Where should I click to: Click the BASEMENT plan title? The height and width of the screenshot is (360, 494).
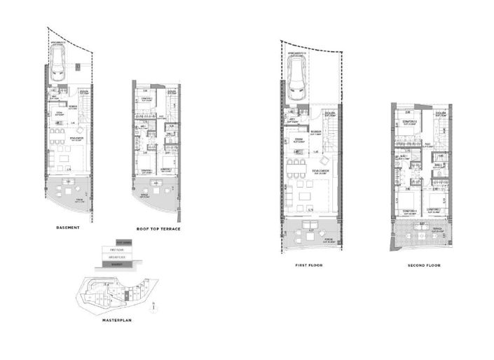point(69,228)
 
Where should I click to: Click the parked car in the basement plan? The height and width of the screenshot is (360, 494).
point(58,67)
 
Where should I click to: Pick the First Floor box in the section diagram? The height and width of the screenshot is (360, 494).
point(117,249)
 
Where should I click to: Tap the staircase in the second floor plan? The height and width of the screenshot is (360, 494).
point(440,130)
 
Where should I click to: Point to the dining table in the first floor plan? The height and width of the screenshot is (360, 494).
point(303,171)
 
